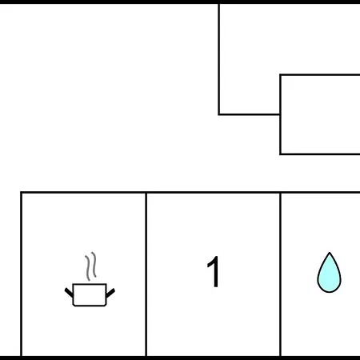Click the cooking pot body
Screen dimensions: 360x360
[90, 294]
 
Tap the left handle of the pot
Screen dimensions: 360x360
[69, 293]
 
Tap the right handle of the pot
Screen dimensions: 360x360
[110, 293]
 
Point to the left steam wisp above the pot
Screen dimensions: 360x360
[87, 268]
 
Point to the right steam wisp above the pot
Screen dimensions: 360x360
[94, 265]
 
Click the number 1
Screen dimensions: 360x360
[213, 272]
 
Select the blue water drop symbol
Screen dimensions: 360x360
[329, 273]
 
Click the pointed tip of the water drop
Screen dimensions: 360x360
[330, 252]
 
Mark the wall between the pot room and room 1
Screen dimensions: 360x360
[146, 274]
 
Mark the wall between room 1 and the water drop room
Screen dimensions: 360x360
[281, 274]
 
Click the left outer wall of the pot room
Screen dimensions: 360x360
[21, 274]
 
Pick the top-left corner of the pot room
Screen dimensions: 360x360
[21, 192]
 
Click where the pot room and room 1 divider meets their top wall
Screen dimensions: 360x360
[146, 192]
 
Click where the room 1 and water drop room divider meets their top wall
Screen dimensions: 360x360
[281, 192]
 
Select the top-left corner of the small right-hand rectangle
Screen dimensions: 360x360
[281, 75]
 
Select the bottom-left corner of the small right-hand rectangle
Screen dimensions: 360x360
[281, 154]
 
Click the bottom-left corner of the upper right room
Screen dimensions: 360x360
[219, 114]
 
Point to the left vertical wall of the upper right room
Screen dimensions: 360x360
[219, 59]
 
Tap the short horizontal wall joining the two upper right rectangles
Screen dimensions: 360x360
[250, 114]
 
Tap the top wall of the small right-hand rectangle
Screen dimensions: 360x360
[320, 75]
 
